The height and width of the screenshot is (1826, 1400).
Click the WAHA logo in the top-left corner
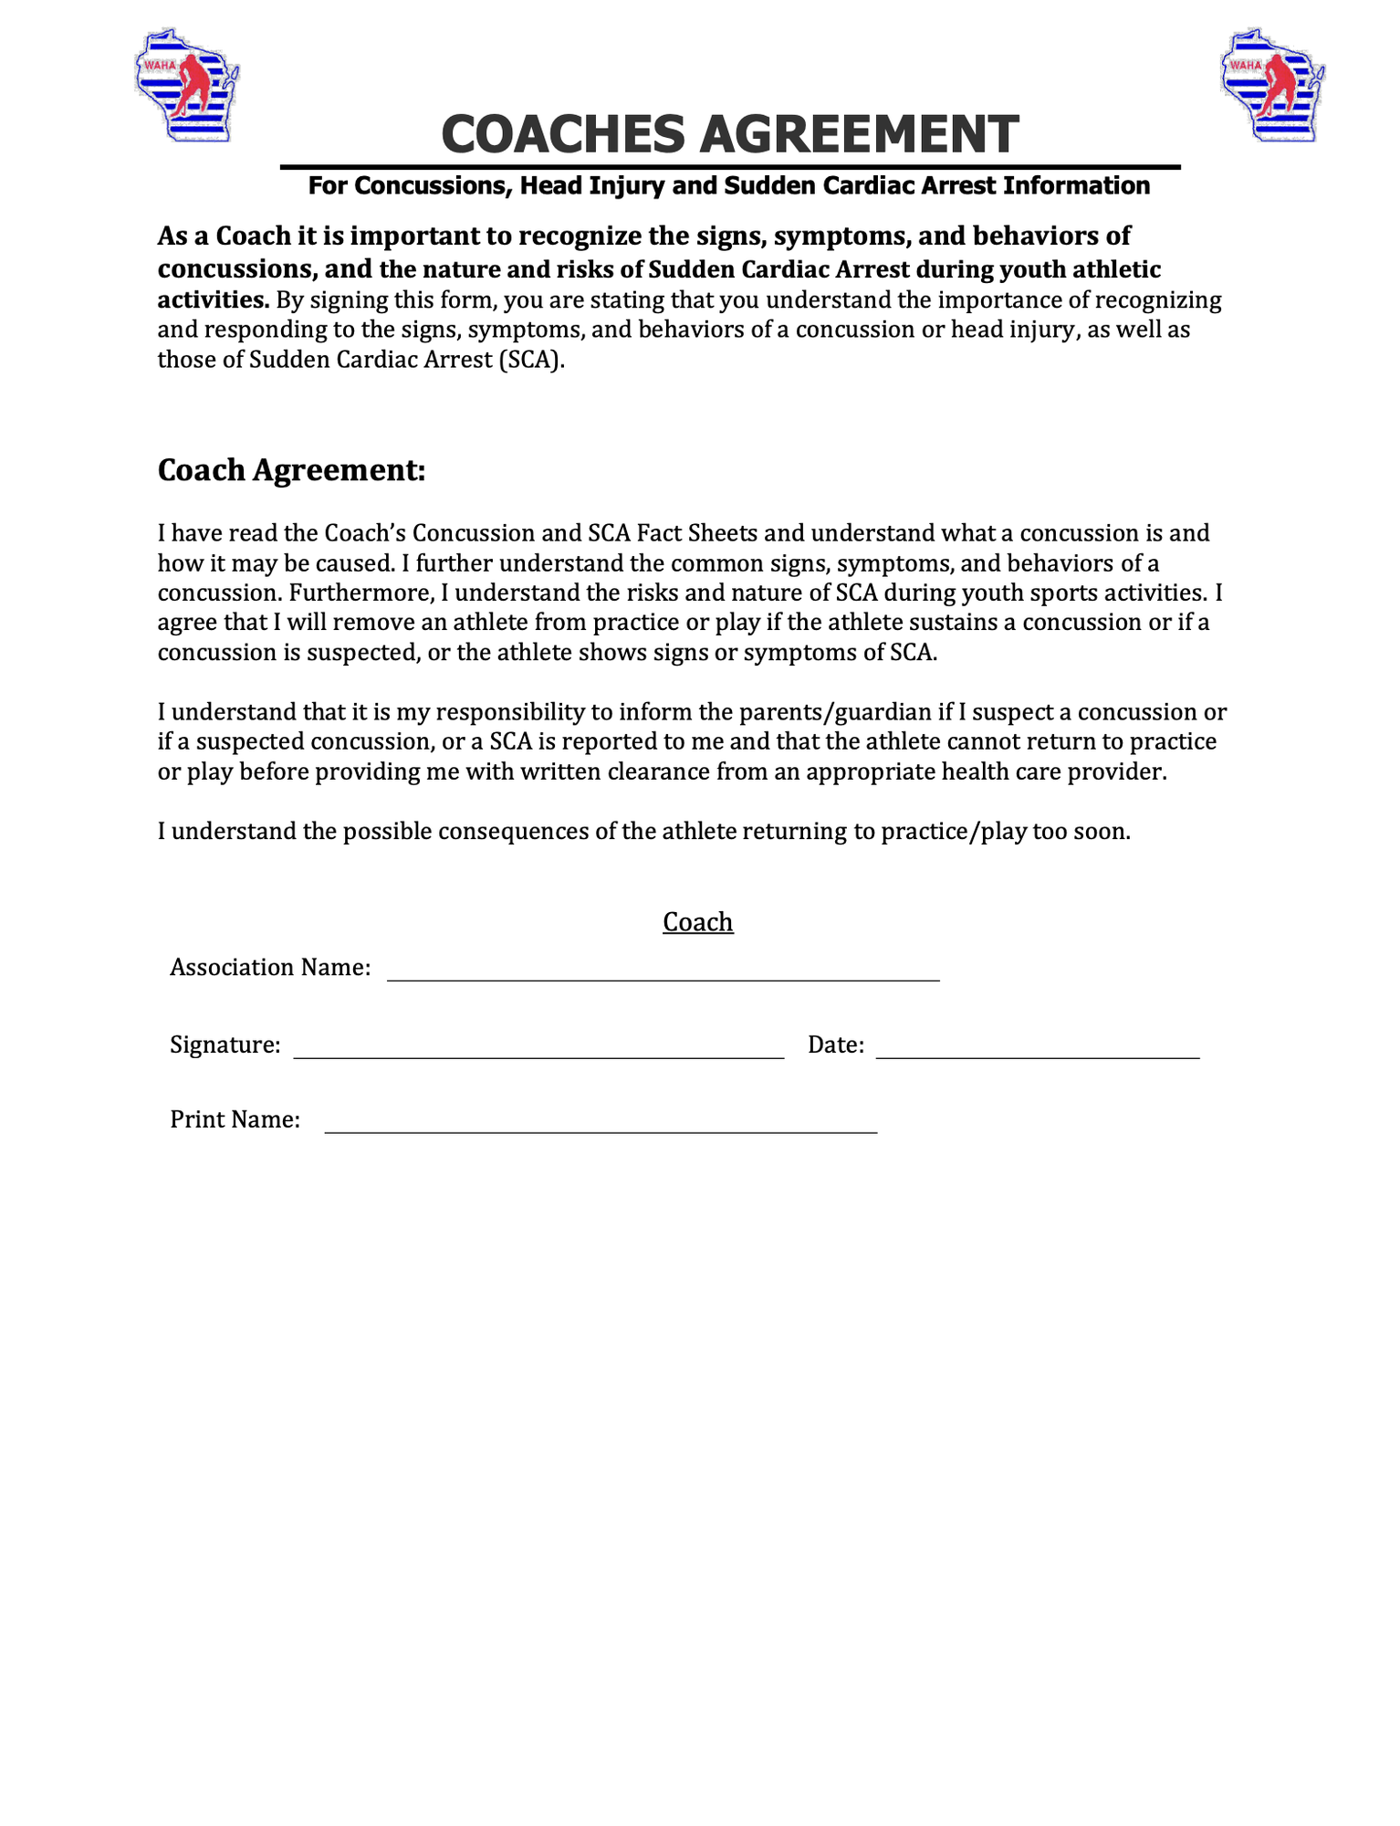click(186, 85)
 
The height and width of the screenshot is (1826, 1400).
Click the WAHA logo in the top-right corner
click(1272, 85)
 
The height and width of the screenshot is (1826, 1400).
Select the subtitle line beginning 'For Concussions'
click(728, 186)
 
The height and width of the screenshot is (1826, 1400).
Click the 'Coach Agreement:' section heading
click(291, 470)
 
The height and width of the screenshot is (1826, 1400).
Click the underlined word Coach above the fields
click(697, 922)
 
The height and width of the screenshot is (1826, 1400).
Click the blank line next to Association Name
click(663, 975)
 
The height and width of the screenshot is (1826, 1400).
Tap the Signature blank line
click(538, 1052)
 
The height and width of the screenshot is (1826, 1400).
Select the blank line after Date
click(1038, 1052)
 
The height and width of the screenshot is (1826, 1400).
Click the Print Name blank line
click(601, 1128)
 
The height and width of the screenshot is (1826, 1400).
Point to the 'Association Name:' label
click(270, 968)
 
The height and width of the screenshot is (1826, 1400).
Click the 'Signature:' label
click(225, 1045)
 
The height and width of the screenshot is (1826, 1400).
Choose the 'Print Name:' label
click(235, 1120)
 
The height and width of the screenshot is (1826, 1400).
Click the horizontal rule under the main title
click(730, 167)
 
